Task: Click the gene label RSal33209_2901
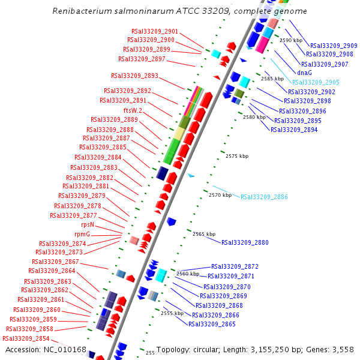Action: coord(155,31)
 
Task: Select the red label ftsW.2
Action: coord(133,110)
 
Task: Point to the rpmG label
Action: coord(82,234)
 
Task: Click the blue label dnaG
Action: coord(304,73)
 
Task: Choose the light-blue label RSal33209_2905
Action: coord(316,82)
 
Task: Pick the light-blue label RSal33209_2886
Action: coord(264,197)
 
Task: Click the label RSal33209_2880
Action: coord(245,243)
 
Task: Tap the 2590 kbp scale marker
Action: coord(291,40)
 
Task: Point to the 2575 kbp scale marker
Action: coord(237,156)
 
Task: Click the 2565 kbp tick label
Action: coord(204,234)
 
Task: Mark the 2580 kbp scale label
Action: coord(254,117)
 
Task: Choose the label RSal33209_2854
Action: coord(26,338)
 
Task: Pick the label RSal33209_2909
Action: coord(334,46)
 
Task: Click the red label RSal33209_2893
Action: coord(134,76)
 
